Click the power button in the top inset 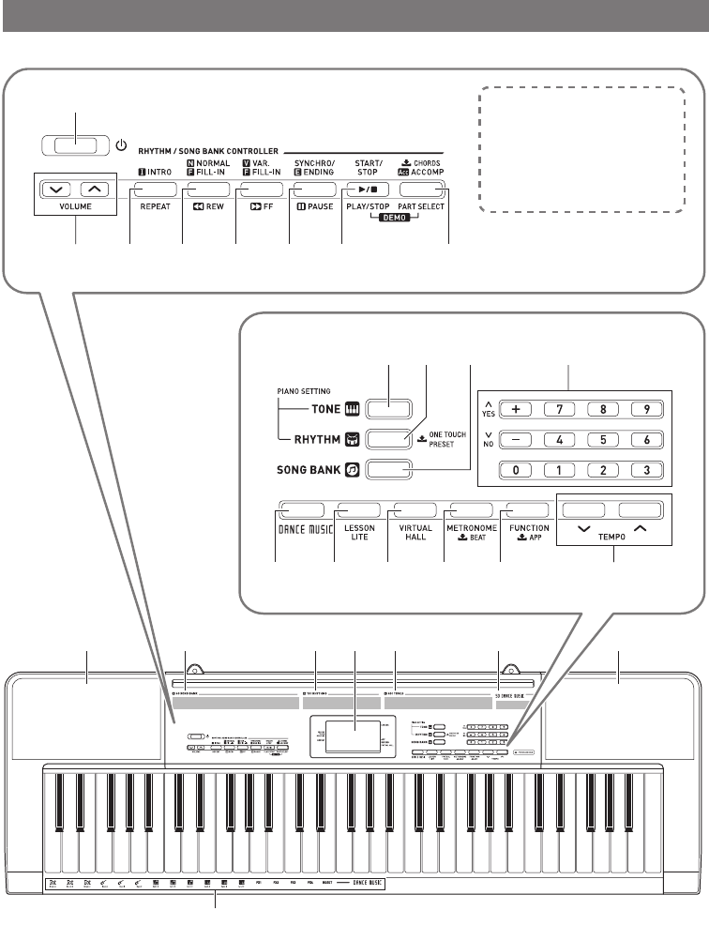[76, 145]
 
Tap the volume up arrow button [93, 190]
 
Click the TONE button [388, 409]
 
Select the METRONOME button [467, 509]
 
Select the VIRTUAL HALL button [412, 509]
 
